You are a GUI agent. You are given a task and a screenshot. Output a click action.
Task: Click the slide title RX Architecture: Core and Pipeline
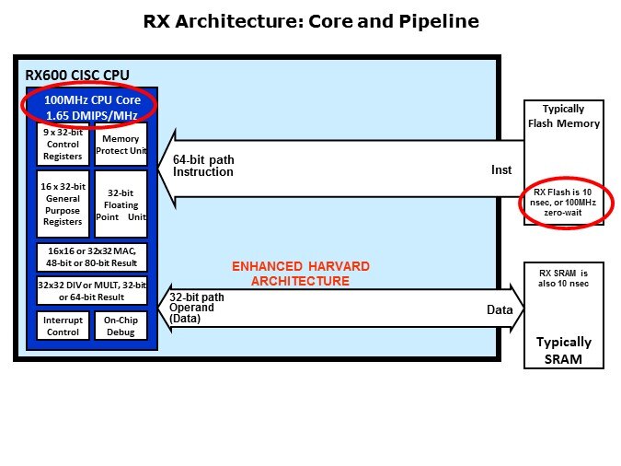[310, 21]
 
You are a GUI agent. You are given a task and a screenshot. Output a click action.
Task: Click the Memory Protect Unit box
[121, 144]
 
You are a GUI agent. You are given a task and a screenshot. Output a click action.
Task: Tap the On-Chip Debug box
[121, 325]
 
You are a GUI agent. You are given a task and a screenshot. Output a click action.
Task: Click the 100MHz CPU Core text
[89, 99]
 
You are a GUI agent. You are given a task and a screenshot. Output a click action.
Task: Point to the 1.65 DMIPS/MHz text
[89, 115]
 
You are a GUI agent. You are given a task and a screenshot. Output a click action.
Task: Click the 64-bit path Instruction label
[203, 166]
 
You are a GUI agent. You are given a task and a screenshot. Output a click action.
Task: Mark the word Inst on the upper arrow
[500, 170]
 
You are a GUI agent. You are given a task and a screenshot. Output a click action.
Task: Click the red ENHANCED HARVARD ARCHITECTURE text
[301, 274]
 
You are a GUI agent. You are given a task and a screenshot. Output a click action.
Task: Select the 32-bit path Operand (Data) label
[197, 307]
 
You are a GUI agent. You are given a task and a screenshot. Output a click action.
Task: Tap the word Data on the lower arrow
[500, 310]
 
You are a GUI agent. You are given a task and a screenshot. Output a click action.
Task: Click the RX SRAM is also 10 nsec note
[564, 277]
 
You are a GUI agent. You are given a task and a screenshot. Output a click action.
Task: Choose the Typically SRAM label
[564, 350]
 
